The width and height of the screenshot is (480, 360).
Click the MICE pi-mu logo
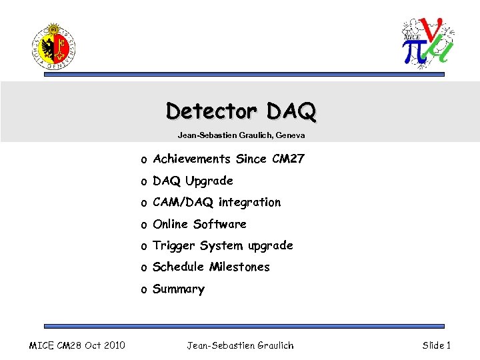[x=427, y=41]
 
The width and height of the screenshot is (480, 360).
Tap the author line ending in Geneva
[x=241, y=135]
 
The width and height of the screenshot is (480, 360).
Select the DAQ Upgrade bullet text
[x=193, y=181]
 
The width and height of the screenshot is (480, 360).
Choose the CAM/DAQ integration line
[x=217, y=202]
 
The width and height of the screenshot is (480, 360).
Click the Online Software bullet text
[x=199, y=224]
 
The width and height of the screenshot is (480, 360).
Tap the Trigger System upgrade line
[x=223, y=245]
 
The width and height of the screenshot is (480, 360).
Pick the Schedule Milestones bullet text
[x=211, y=267]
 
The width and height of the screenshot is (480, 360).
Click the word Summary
[x=178, y=289]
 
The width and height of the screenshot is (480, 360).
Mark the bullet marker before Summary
[x=143, y=290]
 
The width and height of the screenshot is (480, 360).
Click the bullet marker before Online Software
[x=143, y=225]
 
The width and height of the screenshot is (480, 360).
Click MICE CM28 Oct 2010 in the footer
[x=77, y=345]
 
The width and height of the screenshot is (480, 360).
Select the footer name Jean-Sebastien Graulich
[x=240, y=345]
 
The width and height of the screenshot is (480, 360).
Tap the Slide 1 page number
[x=437, y=345]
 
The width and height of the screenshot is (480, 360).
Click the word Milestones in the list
[x=239, y=267]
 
